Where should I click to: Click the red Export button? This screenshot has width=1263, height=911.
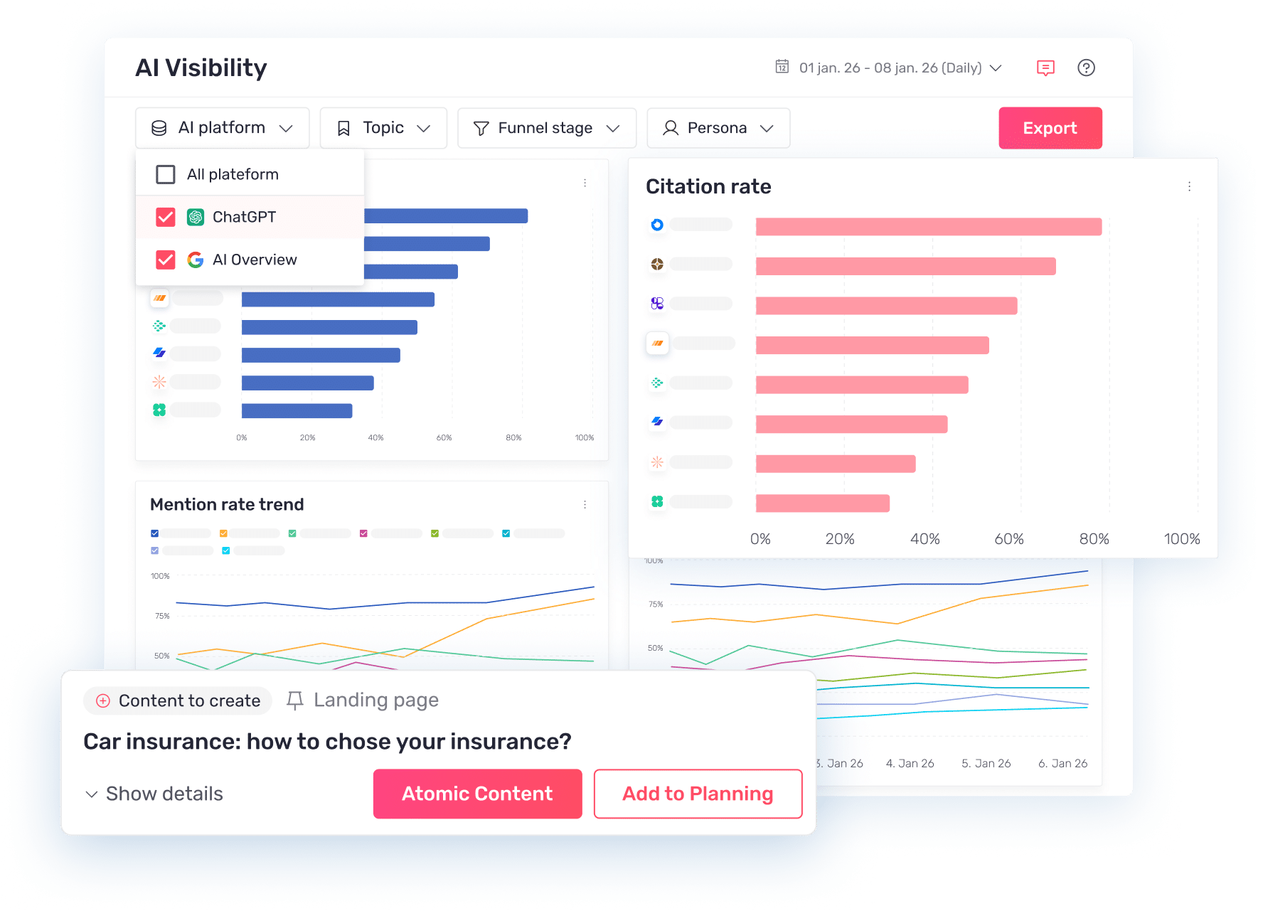coord(1050,128)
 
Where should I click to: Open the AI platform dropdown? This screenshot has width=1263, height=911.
coord(222,128)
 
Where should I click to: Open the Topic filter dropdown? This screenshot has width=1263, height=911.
coord(383,128)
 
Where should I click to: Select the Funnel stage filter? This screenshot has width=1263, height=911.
coord(546,128)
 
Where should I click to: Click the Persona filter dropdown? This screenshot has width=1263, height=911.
coord(718,128)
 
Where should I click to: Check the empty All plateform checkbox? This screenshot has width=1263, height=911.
coord(166,174)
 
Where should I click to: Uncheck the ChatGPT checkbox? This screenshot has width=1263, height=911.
coord(166,217)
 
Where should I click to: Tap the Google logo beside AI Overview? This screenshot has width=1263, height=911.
coord(196,260)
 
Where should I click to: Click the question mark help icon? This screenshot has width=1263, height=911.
coord(1086,68)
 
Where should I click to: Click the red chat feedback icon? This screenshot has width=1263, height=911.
coord(1045,68)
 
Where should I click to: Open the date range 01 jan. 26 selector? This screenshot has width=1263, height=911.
coord(889,68)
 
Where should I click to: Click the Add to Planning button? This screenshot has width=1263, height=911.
coord(698,794)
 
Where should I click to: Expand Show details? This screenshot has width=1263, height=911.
coord(154,794)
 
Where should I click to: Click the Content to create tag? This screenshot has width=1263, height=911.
coord(178,700)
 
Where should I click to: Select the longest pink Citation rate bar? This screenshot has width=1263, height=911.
coord(928,227)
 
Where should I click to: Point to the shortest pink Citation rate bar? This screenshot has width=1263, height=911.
coord(822,504)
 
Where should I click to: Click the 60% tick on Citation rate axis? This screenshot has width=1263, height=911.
coord(1008,539)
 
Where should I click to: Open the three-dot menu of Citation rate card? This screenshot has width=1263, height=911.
coord(1189,186)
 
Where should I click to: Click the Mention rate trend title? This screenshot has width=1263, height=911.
coord(227,504)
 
